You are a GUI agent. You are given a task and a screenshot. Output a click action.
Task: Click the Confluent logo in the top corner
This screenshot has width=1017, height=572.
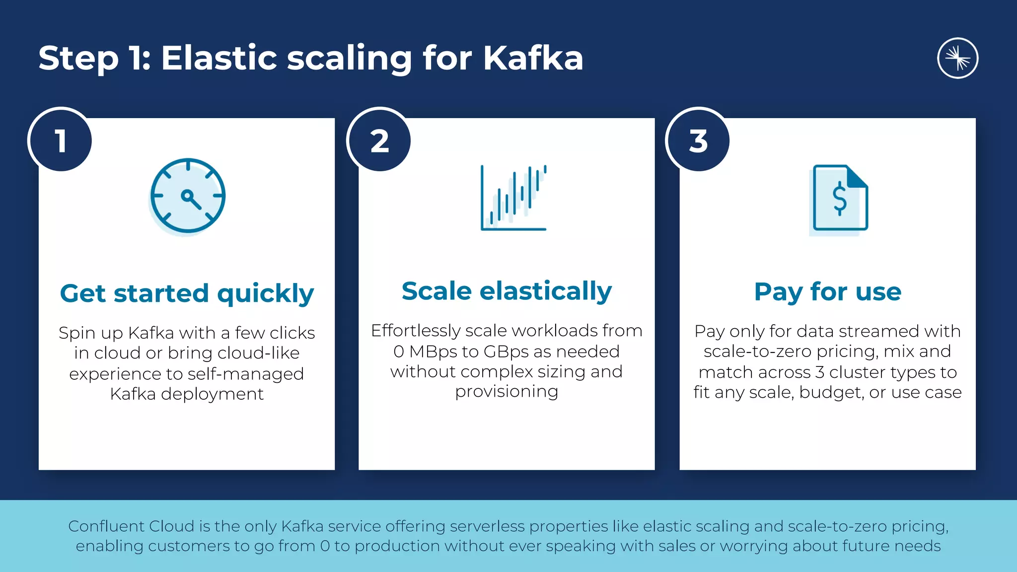click(957, 58)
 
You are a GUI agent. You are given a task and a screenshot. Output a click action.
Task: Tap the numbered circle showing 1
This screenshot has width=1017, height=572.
click(61, 141)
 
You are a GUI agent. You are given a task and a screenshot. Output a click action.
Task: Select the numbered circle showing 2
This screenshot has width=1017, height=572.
click(379, 141)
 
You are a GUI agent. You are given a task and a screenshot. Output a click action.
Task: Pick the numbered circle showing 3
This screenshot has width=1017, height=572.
click(698, 141)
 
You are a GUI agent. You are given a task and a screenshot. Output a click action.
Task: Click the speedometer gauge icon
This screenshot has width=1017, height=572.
click(188, 196)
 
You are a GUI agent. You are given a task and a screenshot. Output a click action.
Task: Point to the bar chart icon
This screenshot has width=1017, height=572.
click(513, 198)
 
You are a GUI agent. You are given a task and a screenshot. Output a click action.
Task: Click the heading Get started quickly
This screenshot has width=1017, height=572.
click(187, 293)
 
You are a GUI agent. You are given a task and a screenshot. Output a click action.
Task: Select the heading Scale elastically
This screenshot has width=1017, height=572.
click(507, 291)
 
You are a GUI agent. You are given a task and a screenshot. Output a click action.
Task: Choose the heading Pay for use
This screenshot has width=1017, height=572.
click(827, 291)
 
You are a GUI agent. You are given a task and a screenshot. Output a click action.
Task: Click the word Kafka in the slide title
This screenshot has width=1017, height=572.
click(533, 58)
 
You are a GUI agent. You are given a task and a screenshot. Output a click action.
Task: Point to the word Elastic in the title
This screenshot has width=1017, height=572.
click(218, 58)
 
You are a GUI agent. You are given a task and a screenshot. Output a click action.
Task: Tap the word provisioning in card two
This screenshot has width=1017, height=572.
click(507, 392)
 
